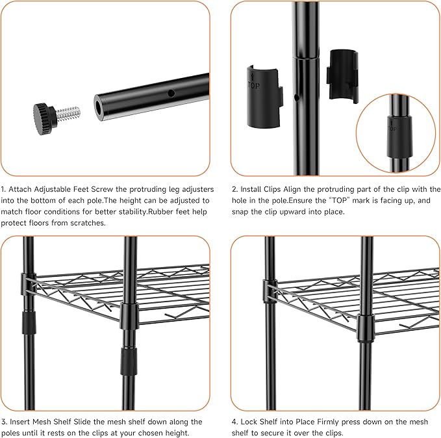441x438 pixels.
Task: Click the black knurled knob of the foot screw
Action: [x=45, y=114]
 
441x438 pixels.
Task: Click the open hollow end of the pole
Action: [x=103, y=106]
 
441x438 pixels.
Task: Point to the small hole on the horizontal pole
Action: [x=171, y=94]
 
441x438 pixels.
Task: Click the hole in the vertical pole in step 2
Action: [x=296, y=97]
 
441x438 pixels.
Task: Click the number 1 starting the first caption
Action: [x=3, y=189]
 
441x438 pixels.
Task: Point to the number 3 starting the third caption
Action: [x=3, y=422]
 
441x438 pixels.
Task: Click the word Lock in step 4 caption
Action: [x=251, y=422]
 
